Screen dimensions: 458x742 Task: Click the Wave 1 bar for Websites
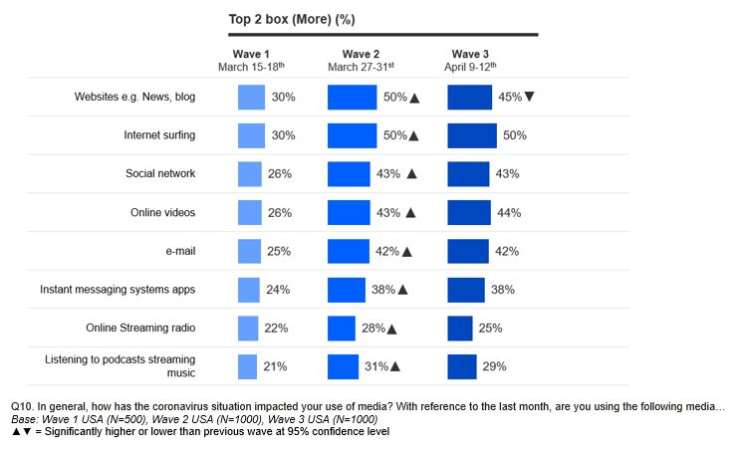coord(251,97)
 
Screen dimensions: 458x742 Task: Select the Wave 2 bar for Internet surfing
coord(353,135)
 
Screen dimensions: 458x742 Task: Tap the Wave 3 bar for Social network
coord(468,173)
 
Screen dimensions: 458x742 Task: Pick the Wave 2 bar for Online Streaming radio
coord(342,329)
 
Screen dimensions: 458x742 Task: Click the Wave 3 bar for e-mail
coord(468,251)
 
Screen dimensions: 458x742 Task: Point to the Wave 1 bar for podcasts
coord(247,366)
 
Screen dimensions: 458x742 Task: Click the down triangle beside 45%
coord(530,97)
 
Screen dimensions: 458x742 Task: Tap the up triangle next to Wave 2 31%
coord(395,366)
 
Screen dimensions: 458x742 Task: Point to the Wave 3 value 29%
coord(494,366)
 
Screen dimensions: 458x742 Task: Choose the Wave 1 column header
coord(251,54)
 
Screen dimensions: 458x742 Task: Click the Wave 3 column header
coord(470,54)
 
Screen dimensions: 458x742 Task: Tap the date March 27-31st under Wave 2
coord(362,67)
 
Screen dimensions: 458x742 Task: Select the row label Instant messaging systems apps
coord(118,290)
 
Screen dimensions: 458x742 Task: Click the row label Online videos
coord(162,212)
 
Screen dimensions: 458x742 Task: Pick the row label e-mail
coord(176,251)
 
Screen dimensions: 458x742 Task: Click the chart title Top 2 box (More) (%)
coord(292,19)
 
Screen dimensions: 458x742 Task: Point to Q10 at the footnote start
coord(23,408)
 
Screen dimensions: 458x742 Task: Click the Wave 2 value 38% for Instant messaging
coord(382,290)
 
